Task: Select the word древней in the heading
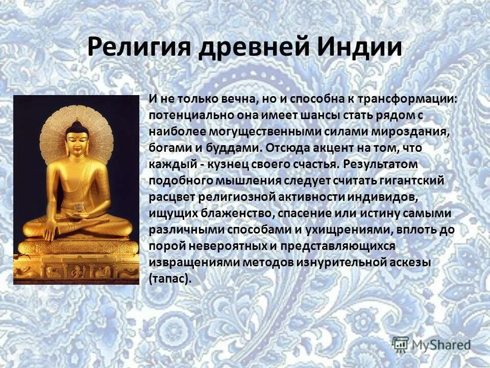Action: [254, 48]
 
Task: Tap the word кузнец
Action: [222, 165]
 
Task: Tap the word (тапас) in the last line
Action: [170, 279]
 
